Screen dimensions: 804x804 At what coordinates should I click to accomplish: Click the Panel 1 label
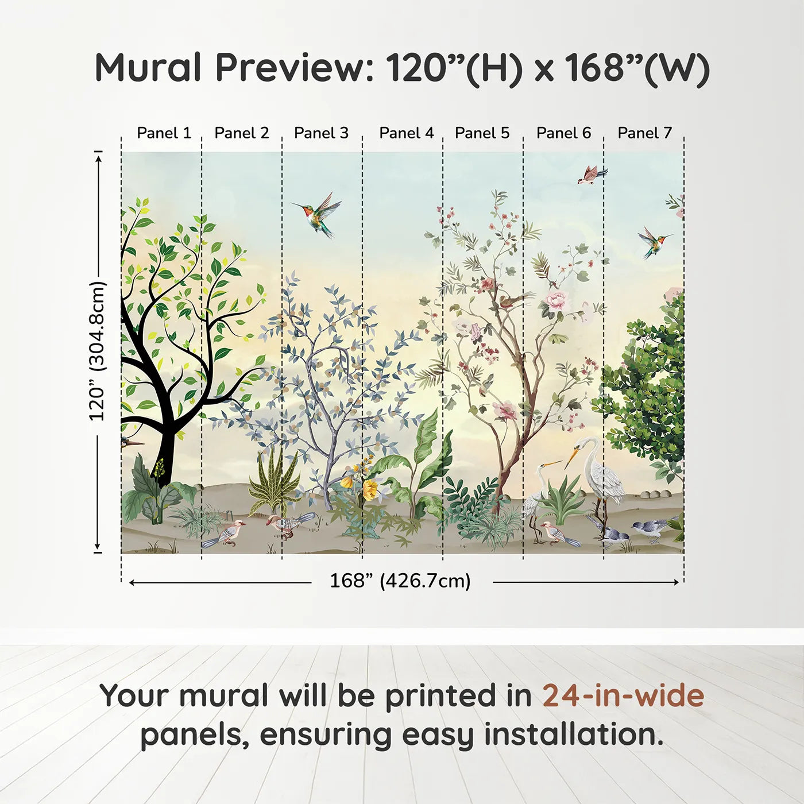164,133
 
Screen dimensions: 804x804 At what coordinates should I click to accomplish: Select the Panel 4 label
407,133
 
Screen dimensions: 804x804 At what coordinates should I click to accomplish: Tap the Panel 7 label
644,133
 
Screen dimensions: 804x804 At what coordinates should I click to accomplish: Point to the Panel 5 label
482,133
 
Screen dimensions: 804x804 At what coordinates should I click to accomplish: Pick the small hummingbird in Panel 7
654,242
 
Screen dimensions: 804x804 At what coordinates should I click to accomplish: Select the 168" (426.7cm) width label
400,581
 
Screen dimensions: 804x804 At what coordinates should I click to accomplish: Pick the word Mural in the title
148,68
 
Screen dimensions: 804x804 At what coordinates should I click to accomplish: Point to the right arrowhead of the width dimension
677,582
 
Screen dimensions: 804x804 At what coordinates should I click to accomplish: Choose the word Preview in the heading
289,68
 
